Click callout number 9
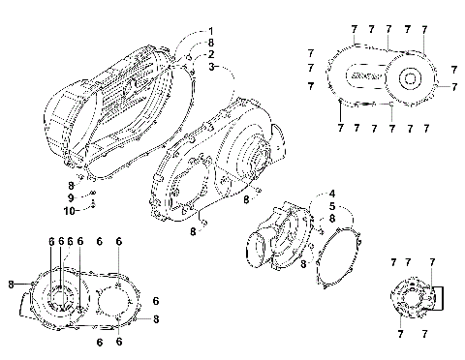[70, 198]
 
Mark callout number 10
[70, 211]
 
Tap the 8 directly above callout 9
[70, 185]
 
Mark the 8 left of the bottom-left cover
[10, 284]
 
